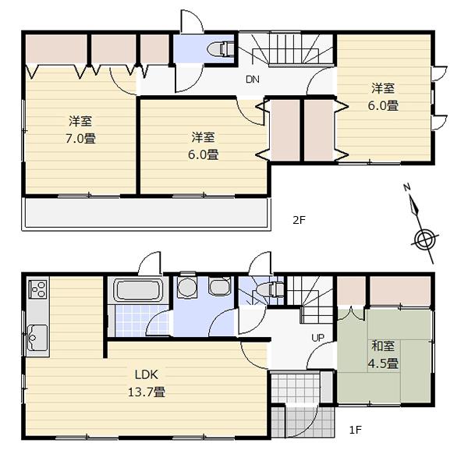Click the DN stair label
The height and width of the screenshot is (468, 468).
coord(252,80)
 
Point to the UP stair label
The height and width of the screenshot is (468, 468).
coord(318,338)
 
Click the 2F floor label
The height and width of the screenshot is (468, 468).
coord(299,220)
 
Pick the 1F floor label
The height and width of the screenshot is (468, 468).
coord(355,429)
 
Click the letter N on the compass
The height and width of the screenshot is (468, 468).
coord(407,188)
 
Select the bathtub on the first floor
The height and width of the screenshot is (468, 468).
coord(137,292)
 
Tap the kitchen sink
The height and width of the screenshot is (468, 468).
coord(37,337)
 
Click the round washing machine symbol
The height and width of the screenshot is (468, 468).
coord(186,289)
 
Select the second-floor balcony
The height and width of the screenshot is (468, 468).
coord(144,213)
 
